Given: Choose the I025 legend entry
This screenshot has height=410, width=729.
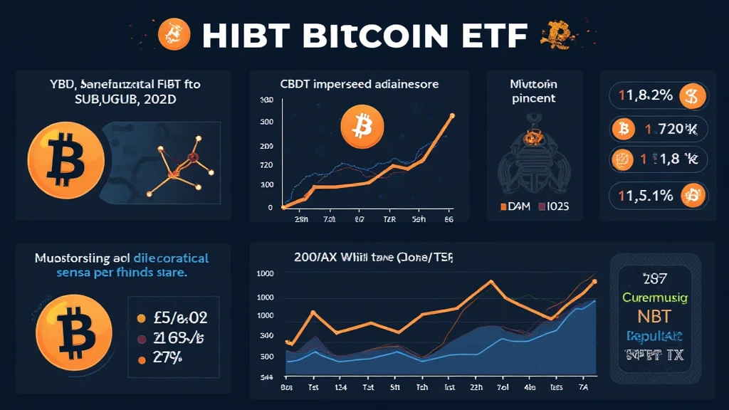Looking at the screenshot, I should (x=560, y=207).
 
